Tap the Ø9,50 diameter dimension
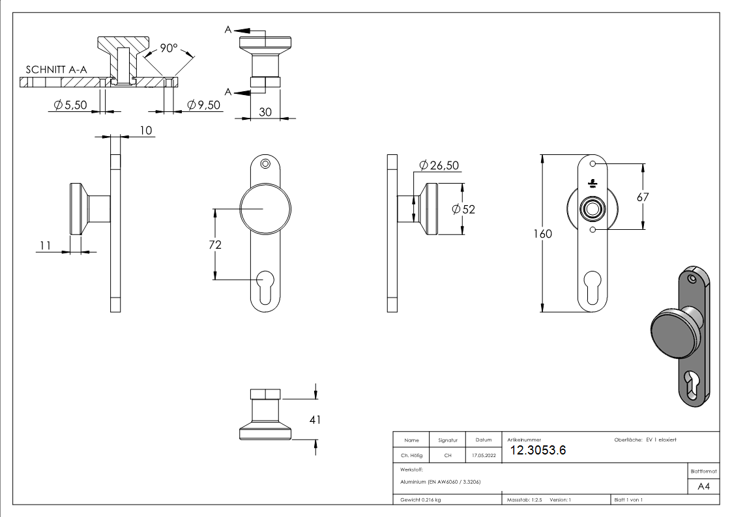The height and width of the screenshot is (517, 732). point(204,105)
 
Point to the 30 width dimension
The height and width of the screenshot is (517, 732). point(265,112)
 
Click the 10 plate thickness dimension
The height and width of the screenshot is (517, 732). point(145,131)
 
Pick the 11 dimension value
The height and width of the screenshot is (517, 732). point(45,245)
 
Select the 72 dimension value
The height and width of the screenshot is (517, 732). point(215,245)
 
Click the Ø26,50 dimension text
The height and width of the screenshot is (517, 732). point(439,165)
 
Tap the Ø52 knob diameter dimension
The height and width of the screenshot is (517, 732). point(463,209)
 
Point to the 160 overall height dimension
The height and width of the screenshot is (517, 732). point(542,234)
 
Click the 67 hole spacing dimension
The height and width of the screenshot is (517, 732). point(643,196)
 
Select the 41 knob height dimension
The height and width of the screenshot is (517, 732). point(315,420)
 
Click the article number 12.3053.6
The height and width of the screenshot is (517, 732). point(538,451)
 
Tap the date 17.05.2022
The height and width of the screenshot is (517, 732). point(483,455)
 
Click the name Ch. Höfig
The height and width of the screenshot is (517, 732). point(411,455)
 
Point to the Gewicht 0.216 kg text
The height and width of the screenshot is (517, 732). point(421,499)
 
